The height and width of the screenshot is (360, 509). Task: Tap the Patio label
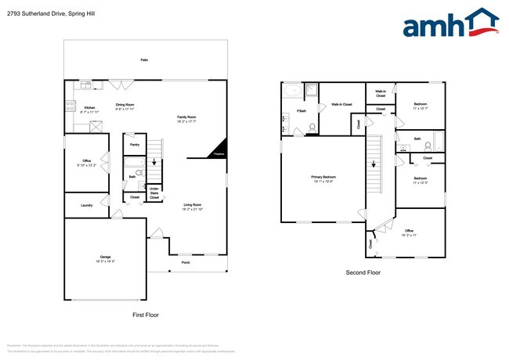[144, 59]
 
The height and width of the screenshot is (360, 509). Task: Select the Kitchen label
[89, 107]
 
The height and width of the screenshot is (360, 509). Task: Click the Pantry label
[135, 145]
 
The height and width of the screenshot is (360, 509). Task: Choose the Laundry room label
[86, 205]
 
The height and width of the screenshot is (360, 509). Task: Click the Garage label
[105, 257]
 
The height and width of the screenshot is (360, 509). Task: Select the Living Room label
[193, 205]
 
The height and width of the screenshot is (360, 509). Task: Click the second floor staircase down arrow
[374, 164]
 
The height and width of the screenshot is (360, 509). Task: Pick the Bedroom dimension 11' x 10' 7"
[420, 107]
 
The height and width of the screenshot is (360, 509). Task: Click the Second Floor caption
[363, 273]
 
